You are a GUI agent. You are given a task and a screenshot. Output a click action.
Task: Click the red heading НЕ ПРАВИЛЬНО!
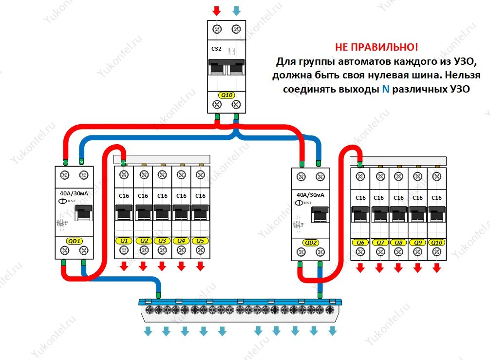(x=376, y=48)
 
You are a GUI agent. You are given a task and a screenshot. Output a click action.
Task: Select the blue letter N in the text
(x=386, y=90)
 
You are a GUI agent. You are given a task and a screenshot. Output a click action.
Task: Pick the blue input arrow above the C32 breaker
(x=236, y=10)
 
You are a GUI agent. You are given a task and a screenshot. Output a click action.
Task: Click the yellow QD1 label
(x=74, y=241)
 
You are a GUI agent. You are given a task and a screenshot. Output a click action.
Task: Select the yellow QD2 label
(x=310, y=243)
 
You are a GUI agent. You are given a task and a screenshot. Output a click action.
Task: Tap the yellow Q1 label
(x=124, y=241)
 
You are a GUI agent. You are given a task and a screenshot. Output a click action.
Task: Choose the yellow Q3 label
(x=162, y=241)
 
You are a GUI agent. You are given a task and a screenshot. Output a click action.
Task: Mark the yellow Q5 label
(x=200, y=241)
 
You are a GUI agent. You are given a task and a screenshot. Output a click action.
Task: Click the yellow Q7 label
(x=379, y=243)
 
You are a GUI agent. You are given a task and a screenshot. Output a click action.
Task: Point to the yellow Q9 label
(x=417, y=243)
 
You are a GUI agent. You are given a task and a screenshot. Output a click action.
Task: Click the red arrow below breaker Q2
(x=143, y=266)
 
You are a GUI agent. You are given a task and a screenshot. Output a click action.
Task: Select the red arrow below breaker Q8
(x=398, y=267)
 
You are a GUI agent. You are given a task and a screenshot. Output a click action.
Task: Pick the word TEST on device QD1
(x=71, y=201)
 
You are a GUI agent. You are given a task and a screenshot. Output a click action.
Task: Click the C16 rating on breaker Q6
(x=360, y=198)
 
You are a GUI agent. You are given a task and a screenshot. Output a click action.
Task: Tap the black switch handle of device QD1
(x=83, y=213)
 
